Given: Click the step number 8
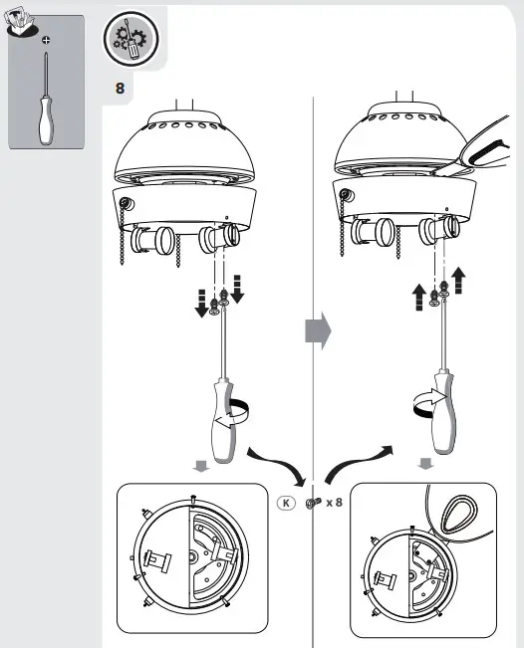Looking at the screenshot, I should click(x=121, y=89).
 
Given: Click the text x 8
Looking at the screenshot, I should click(x=334, y=503).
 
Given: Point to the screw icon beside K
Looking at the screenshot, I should click(x=311, y=504).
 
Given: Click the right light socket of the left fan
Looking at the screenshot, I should click(x=221, y=238).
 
